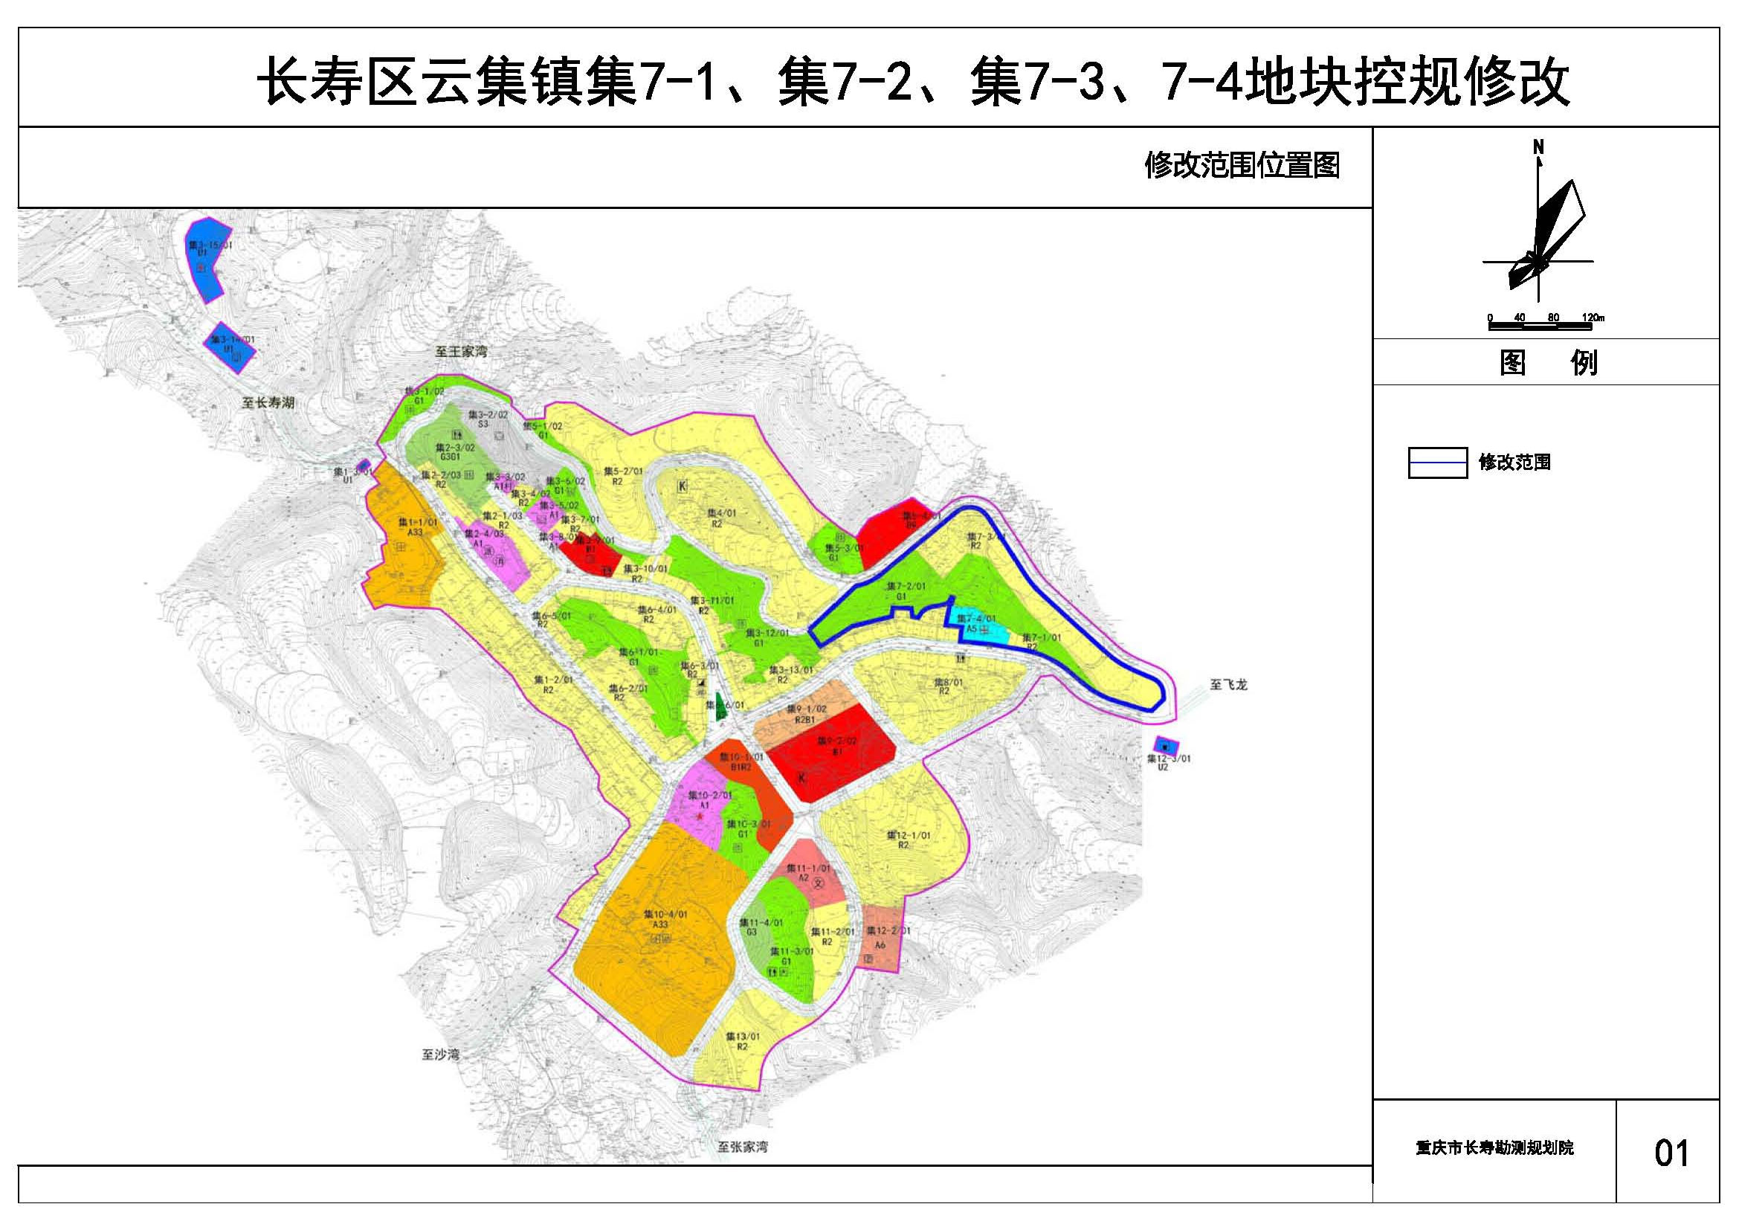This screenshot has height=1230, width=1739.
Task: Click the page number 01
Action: tap(1671, 1152)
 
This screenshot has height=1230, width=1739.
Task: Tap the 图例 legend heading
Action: tap(1547, 364)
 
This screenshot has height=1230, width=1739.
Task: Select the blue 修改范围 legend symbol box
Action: tap(1437, 462)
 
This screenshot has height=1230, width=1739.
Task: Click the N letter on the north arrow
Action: tap(1538, 147)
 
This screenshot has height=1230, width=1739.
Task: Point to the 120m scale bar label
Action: tap(1593, 318)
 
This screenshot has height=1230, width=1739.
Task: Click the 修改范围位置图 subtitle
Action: tap(1242, 165)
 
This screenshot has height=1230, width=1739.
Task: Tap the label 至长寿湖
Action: tap(268, 403)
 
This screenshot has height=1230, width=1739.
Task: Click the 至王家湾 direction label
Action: tap(460, 352)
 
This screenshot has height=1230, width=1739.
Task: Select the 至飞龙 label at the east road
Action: tap(1227, 685)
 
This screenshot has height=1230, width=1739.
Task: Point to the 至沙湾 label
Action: tap(441, 1054)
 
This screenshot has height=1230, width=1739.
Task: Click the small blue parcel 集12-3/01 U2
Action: tap(1166, 745)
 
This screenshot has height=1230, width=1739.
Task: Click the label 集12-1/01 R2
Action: tap(908, 839)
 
